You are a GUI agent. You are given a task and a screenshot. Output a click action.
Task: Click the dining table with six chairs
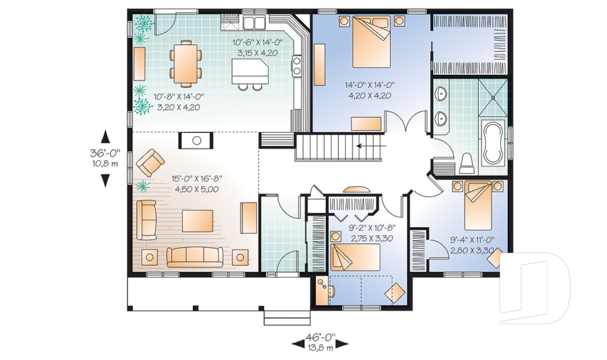pos(186,63)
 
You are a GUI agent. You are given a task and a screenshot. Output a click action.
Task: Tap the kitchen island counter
pos(249,71)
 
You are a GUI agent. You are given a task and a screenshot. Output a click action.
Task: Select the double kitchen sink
pos(254,23)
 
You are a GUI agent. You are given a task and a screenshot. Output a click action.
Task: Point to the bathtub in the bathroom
pos(493,142)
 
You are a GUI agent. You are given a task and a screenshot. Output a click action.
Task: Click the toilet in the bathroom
pos(467,163)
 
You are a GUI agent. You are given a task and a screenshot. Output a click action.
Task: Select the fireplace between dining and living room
pos(196,140)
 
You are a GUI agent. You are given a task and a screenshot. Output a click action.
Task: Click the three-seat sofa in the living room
pos(195,257)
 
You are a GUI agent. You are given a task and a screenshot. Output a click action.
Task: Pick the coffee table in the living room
pos(197,221)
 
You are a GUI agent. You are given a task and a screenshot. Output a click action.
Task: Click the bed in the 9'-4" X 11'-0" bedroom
pos(478,205)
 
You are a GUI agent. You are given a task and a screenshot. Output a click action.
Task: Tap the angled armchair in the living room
pos(150,163)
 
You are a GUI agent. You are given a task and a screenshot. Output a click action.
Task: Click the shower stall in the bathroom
pos(493,97)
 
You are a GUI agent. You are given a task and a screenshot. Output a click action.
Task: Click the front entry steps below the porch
pos(287,317)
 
